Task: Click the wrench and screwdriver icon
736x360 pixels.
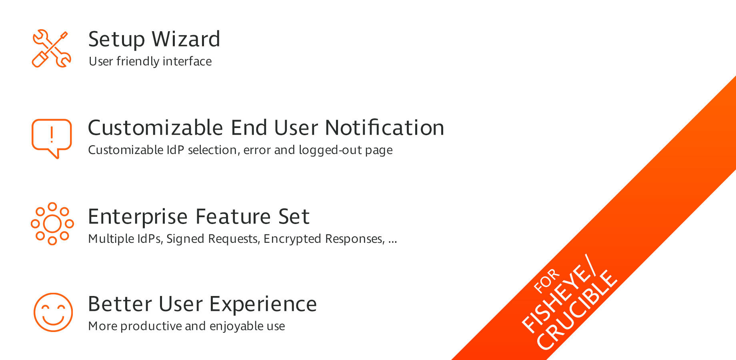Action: tap(51, 48)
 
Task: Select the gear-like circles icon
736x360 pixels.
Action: tap(52, 224)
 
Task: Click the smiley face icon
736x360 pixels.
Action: tap(53, 312)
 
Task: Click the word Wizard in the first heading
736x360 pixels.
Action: tap(186, 39)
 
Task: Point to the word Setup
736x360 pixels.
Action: tap(116, 40)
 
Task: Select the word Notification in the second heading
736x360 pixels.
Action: tap(384, 128)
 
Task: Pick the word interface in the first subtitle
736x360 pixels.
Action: tap(187, 61)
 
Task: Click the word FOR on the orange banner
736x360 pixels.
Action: tap(547, 280)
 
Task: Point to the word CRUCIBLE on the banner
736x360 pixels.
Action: tap(576, 310)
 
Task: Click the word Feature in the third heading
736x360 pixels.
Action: tap(233, 216)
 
